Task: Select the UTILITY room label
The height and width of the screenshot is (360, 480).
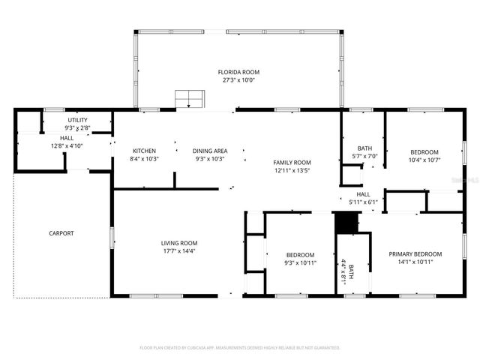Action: pyautogui.click(x=77, y=120)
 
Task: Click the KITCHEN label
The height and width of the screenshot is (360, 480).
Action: pyautogui.click(x=143, y=150)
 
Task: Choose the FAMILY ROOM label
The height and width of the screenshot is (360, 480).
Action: pyautogui.click(x=292, y=163)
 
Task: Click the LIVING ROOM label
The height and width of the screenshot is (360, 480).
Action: pyautogui.click(x=178, y=242)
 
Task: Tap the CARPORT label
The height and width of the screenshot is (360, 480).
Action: pyautogui.click(x=61, y=233)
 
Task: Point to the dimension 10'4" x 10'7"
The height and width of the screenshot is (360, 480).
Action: pyautogui.click(x=423, y=159)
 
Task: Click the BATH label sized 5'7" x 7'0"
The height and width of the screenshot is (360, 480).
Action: pyautogui.click(x=364, y=148)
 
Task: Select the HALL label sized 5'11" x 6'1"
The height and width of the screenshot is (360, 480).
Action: pyautogui.click(x=363, y=193)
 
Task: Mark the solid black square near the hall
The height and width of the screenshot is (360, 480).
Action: pyautogui.click(x=344, y=223)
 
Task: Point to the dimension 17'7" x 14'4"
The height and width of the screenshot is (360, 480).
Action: pyautogui.click(x=178, y=250)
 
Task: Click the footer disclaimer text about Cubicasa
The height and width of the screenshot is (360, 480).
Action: pyautogui.click(x=240, y=347)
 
